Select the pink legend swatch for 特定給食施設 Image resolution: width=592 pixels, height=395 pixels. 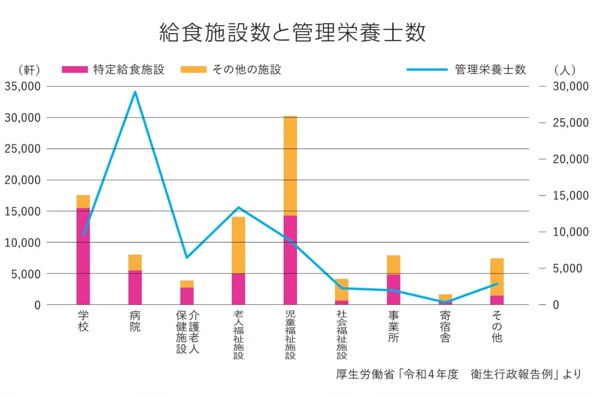(x=74, y=70)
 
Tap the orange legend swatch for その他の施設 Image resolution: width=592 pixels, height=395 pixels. (x=193, y=70)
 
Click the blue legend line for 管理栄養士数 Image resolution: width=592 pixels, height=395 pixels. (x=427, y=70)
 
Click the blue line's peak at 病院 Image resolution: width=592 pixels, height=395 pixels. (x=135, y=92)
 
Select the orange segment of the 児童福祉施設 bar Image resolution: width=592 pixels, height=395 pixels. (x=290, y=165)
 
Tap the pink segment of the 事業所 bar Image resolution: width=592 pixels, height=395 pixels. (x=393, y=289)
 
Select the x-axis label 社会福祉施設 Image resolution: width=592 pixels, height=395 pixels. (x=342, y=335)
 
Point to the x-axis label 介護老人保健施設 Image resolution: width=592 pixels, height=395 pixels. (x=187, y=332)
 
